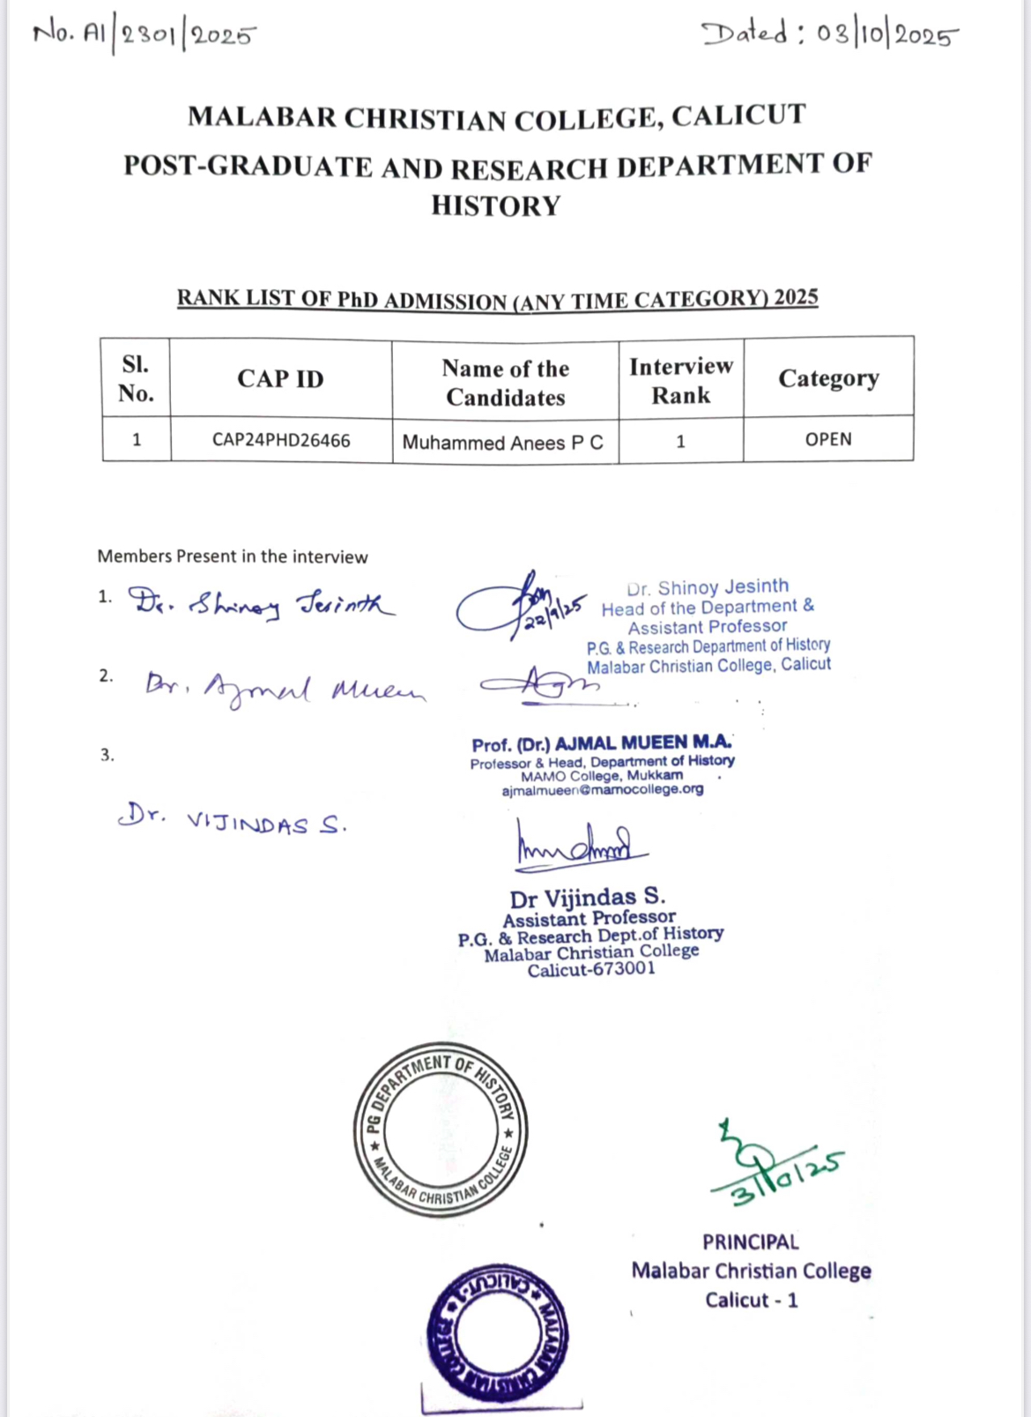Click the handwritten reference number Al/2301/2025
pos(145,35)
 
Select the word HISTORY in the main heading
pos(496,205)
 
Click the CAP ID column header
pos(280,378)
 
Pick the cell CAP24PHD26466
pos(281,440)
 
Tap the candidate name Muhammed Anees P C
pos(503,442)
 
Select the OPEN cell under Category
pos(828,439)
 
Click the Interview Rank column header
pos(680,380)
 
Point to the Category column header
pos(828,378)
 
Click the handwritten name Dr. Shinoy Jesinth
pos(261,605)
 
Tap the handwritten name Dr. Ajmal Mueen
pos(284,688)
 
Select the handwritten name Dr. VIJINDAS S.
pos(233,820)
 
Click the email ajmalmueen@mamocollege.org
pos(603,790)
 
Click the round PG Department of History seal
pos(441,1130)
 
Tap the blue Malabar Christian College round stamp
pos(497,1333)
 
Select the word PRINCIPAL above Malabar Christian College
pos(751,1242)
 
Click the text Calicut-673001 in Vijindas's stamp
pos(591,970)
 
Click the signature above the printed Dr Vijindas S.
pos(580,846)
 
